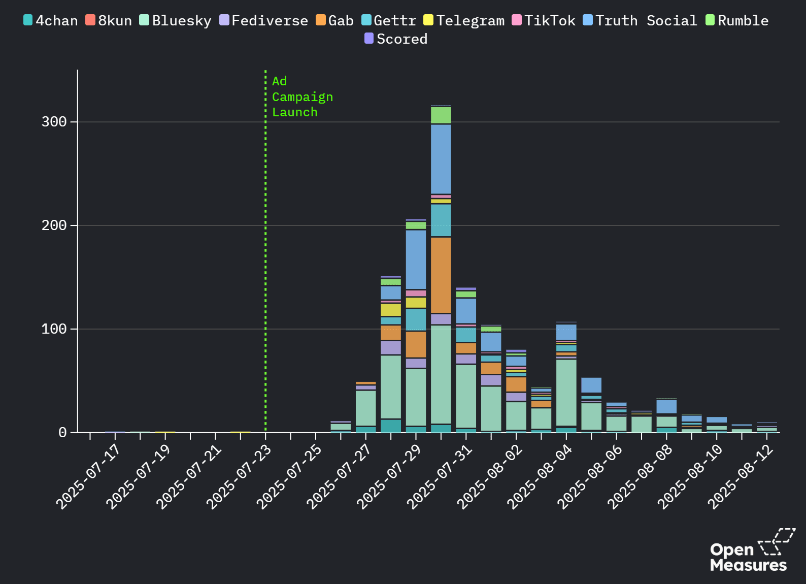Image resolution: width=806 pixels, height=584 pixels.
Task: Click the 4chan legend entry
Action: click(x=51, y=21)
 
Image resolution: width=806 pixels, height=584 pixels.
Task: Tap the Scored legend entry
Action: click(x=396, y=39)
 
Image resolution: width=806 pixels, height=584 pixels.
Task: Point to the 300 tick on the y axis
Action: click(x=54, y=122)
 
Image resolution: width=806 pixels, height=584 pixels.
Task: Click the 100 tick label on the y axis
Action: click(x=54, y=329)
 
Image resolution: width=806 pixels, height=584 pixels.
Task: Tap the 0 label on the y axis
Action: click(x=62, y=433)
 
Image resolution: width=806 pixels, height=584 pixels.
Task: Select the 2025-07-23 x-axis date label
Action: click(x=239, y=476)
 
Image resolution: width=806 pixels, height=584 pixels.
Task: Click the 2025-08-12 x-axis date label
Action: click(x=741, y=476)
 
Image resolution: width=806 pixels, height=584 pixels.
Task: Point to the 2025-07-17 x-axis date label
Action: click(x=88, y=476)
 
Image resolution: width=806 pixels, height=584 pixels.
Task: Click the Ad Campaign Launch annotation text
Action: click(x=302, y=96)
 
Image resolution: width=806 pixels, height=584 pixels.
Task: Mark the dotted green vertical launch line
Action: click(x=265, y=254)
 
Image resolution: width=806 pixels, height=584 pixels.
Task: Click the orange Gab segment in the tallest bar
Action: click(x=441, y=275)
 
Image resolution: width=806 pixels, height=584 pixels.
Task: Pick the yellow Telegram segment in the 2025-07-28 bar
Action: click(x=391, y=310)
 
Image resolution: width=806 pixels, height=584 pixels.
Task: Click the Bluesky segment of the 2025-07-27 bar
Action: click(x=366, y=408)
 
